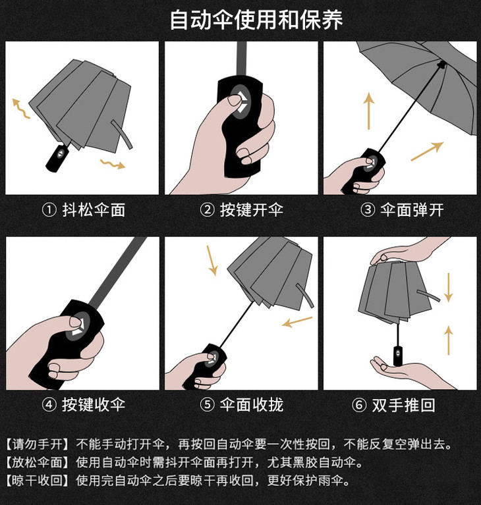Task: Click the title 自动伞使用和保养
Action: [x=256, y=20]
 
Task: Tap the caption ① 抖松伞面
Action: [x=84, y=210]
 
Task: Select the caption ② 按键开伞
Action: [x=241, y=210]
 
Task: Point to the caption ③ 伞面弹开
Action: [x=402, y=210]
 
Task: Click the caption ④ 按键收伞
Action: [x=84, y=404]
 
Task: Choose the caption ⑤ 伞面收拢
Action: [x=241, y=404]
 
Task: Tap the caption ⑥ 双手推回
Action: [x=393, y=404]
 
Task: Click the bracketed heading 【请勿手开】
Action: [x=38, y=444]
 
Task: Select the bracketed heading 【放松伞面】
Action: [x=38, y=462]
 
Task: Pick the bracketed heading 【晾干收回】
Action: [x=38, y=481]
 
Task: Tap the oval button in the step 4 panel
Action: [x=78, y=326]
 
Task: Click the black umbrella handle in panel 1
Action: [x=58, y=158]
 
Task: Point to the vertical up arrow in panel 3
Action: [x=369, y=111]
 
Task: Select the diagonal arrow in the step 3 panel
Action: [x=427, y=151]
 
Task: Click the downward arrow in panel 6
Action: [x=449, y=287]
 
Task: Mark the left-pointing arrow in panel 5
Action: [x=297, y=322]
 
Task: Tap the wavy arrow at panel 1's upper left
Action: [x=20, y=109]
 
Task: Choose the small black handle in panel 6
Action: [x=398, y=356]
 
